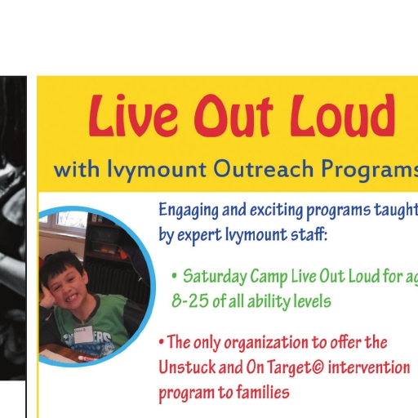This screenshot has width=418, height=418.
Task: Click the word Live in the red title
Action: (x=133, y=115)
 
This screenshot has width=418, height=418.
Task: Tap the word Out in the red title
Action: (x=233, y=116)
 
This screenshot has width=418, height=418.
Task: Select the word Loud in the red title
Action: (x=342, y=115)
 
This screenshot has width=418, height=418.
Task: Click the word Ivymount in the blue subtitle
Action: (x=157, y=170)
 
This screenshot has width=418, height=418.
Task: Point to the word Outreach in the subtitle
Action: (x=263, y=169)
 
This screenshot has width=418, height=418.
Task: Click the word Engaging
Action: (x=189, y=211)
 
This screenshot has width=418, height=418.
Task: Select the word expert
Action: (x=199, y=235)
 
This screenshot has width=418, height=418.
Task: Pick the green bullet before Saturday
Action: (x=175, y=277)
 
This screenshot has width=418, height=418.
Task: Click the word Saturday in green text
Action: (x=214, y=277)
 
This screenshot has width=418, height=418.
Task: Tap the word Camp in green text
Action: (x=269, y=277)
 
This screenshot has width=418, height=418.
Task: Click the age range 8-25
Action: (x=190, y=301)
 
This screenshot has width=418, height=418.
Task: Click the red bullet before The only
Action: (x=162, y=342)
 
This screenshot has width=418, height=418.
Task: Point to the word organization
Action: (x=267, y=343)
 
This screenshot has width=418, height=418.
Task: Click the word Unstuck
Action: (x=187, y=367)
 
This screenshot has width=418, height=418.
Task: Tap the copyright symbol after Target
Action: (x=318, y=367)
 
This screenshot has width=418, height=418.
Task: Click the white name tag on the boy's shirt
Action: (x=83, y=336)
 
